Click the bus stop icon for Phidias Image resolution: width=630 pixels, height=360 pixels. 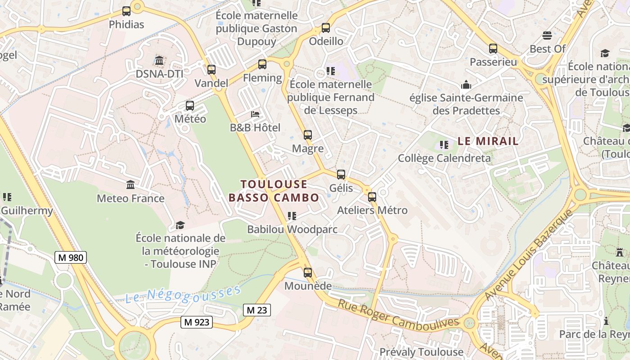[x=126, y=11]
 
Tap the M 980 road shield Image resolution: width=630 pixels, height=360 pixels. [x=71, y=257]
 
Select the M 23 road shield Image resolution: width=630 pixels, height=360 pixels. [x=257, y=310]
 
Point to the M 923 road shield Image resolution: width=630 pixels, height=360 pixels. [x=197, y=322]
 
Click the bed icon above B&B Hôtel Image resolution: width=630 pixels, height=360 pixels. [x=255, y=114]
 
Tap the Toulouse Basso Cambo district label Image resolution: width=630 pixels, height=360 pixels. [x=274, y=191]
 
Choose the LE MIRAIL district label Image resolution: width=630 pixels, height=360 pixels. [x=488, y=141]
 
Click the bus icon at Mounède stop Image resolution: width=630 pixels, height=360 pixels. [x=308, y=273]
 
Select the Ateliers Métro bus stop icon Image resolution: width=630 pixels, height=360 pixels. [x=372, y=197]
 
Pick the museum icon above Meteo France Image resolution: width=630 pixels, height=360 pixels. [x=130, y=185]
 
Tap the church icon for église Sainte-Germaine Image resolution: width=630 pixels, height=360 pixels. [x=466, y=85]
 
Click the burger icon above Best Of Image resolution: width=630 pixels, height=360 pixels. [x=547, y=35]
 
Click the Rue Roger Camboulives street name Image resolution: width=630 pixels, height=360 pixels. [x=398, y=314]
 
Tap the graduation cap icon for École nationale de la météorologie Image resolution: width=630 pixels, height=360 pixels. [x=180, y=225]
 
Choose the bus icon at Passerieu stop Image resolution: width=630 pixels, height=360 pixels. [x=493, y=49]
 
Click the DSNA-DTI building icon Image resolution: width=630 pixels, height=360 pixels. [x=159, y=60]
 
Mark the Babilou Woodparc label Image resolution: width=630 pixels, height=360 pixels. [x=292, y=229]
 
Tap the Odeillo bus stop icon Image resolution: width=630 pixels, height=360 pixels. [x=326, y=28]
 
